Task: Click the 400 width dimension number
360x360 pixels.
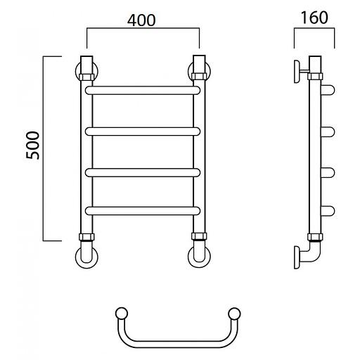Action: (141, 20)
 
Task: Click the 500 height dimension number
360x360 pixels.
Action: (33, 146)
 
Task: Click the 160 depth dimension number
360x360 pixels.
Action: (314, 18)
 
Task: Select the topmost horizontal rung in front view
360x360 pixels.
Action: (143, 91)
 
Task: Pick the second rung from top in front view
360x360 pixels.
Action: (143, 131)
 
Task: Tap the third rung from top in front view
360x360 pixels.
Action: (143, 173)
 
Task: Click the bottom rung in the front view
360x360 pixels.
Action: (143, 211)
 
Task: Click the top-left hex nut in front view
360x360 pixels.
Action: (86, 77)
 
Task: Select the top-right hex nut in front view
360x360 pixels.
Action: (199, 77)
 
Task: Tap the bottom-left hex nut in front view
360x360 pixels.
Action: (86, 237)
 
